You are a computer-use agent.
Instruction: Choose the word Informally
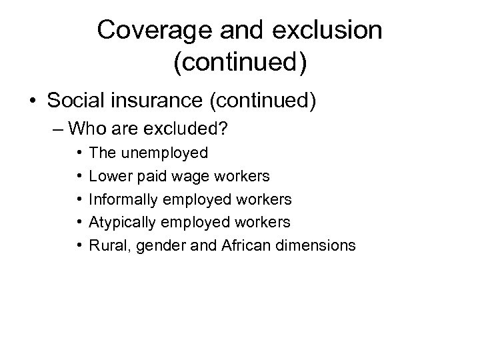click(120, 199)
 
